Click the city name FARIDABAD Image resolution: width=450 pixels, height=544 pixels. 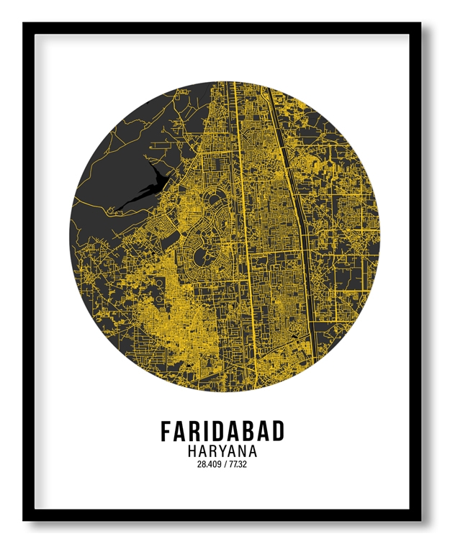pyautogui.click(x=222, y=431)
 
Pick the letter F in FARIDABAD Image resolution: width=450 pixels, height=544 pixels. pyautogui.click(x=166, y=431)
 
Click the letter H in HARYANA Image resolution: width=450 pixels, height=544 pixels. pyautogui.click(x=192, y=451)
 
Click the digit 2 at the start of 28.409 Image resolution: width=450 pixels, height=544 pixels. pyautogui.click(x=199, y=464)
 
